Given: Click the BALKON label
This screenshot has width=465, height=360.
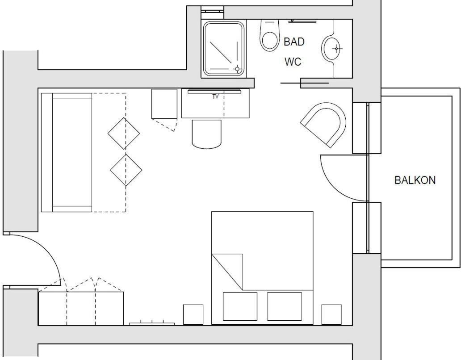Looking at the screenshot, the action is [415, 180].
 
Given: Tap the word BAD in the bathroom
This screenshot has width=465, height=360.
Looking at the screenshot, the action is [294, 42].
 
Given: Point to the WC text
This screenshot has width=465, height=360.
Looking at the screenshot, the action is [293, 62].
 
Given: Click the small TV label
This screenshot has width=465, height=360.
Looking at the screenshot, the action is [215, 96].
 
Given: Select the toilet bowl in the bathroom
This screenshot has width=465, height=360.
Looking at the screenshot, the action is [269, 35].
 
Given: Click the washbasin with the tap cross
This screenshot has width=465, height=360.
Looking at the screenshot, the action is [331, 48].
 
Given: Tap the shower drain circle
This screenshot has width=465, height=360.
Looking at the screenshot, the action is [237, 69].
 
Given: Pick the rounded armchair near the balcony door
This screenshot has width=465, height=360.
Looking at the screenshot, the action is [325, 125].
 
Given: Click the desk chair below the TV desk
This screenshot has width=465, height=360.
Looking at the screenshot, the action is [207, 134].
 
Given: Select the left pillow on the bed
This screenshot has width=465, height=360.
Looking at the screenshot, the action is [240, 306].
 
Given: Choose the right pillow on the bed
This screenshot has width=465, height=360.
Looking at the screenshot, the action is [285, 306].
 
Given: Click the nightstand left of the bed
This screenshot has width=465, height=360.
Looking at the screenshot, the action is [193, 314].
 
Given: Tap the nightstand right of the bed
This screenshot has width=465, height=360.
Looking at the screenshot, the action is [331, 314].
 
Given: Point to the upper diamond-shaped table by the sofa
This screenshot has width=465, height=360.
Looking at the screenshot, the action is [124, 134].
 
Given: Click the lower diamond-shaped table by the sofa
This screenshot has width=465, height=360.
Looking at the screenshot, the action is [126, 170].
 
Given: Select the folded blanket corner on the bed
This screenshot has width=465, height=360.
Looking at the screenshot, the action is [227, 272].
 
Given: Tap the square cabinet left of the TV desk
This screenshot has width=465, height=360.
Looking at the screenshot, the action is [164, 104].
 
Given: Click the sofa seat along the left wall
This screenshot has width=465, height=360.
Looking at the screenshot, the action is [72, 152].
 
